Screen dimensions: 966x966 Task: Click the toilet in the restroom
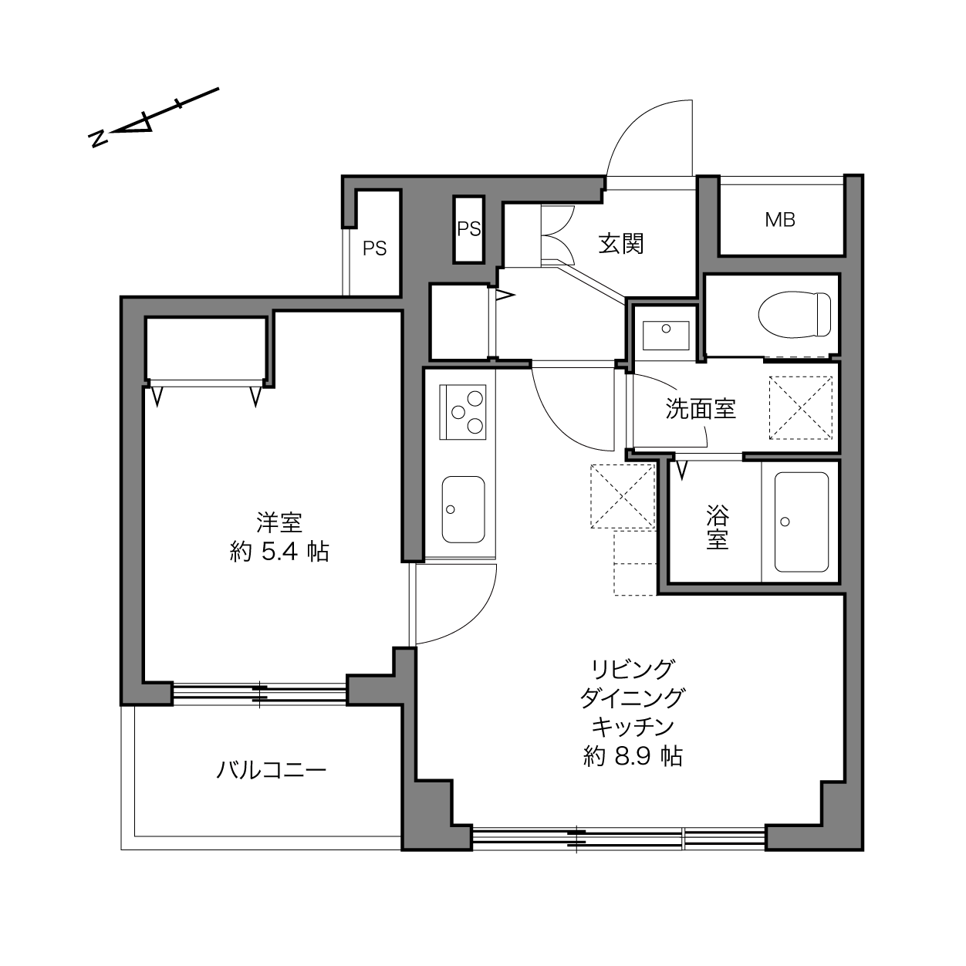(795, 315)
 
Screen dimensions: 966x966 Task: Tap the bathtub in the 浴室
(801, 522)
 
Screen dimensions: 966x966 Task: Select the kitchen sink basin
(463, 509)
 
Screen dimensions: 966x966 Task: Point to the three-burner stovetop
(462, 412)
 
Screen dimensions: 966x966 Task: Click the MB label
(780, 220)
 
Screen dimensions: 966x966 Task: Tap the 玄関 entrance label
(620, 244)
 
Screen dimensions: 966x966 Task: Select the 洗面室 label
(701, 409)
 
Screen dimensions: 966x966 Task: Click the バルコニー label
(271, 769)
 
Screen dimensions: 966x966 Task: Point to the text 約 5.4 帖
(279, 552)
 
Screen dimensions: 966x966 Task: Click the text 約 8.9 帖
(633, 756)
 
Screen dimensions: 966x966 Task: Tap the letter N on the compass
(98, 139)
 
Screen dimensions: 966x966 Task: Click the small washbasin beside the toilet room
(666, 335)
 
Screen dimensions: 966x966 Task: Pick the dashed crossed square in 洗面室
(801, 408)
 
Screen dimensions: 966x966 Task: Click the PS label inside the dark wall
(468, 229)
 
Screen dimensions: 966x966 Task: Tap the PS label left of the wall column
(374, 248)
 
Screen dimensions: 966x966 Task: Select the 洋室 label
(279, 522)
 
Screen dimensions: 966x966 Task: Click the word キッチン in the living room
(633, 727)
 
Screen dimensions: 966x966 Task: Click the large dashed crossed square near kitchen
(623, 496)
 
